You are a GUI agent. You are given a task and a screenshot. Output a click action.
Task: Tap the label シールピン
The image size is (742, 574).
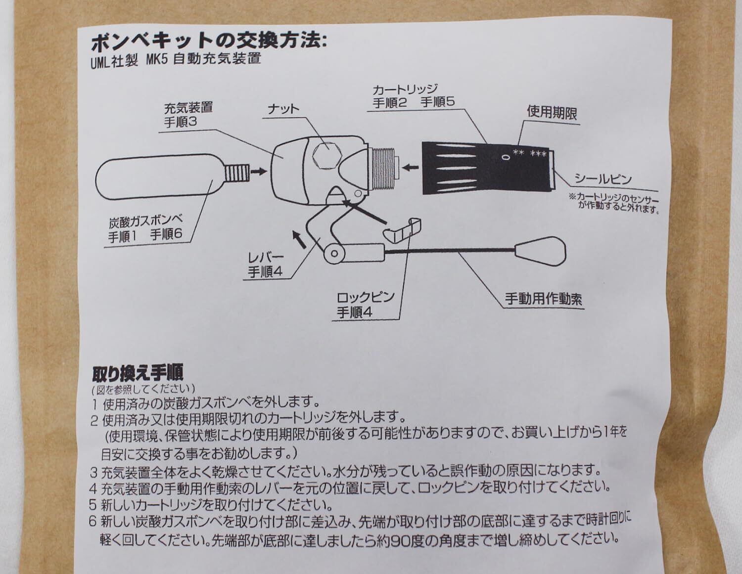(603, 179)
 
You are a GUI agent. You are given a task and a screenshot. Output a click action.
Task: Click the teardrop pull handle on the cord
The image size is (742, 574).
(541, 251)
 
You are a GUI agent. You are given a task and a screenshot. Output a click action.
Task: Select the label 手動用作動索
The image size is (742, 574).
(543, 299)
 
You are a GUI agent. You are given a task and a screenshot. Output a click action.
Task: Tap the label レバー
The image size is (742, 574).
(266, 258)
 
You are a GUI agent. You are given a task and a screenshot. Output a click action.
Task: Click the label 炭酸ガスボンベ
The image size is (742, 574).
(146, 221)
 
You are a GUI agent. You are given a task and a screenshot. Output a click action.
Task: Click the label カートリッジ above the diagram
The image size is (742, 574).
(405, 89)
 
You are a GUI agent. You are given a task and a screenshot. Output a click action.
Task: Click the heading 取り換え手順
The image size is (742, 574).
(138, 372)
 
